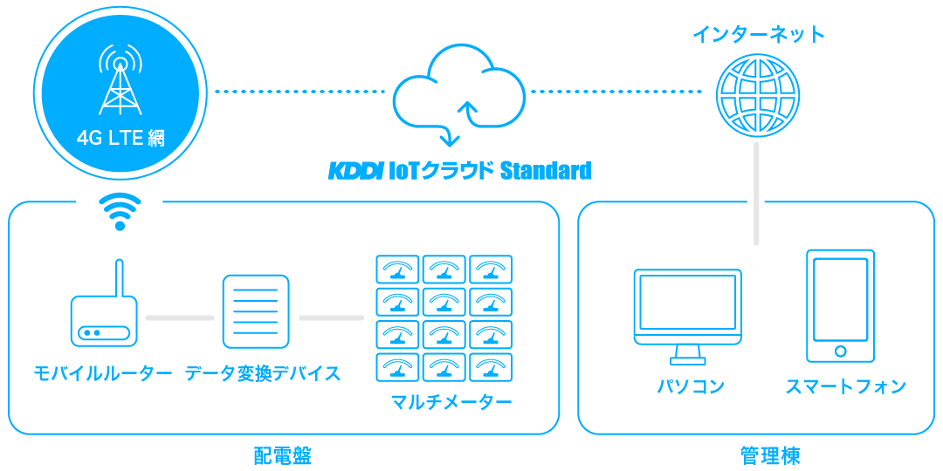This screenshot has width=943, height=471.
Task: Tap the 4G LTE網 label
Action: coord(120,139)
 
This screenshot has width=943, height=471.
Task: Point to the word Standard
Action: coord(545,170)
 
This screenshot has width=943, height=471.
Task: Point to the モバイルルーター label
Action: coord(103,374)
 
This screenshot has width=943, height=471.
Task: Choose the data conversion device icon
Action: coord(256,311)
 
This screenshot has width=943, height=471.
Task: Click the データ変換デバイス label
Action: coord(263,374)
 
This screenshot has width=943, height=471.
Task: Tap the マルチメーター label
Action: coord(451,403)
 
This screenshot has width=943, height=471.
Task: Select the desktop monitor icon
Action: coord(687,315)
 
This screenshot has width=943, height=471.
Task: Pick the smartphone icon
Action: coord(840,305)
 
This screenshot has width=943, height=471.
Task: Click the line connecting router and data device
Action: coord(180,317)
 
